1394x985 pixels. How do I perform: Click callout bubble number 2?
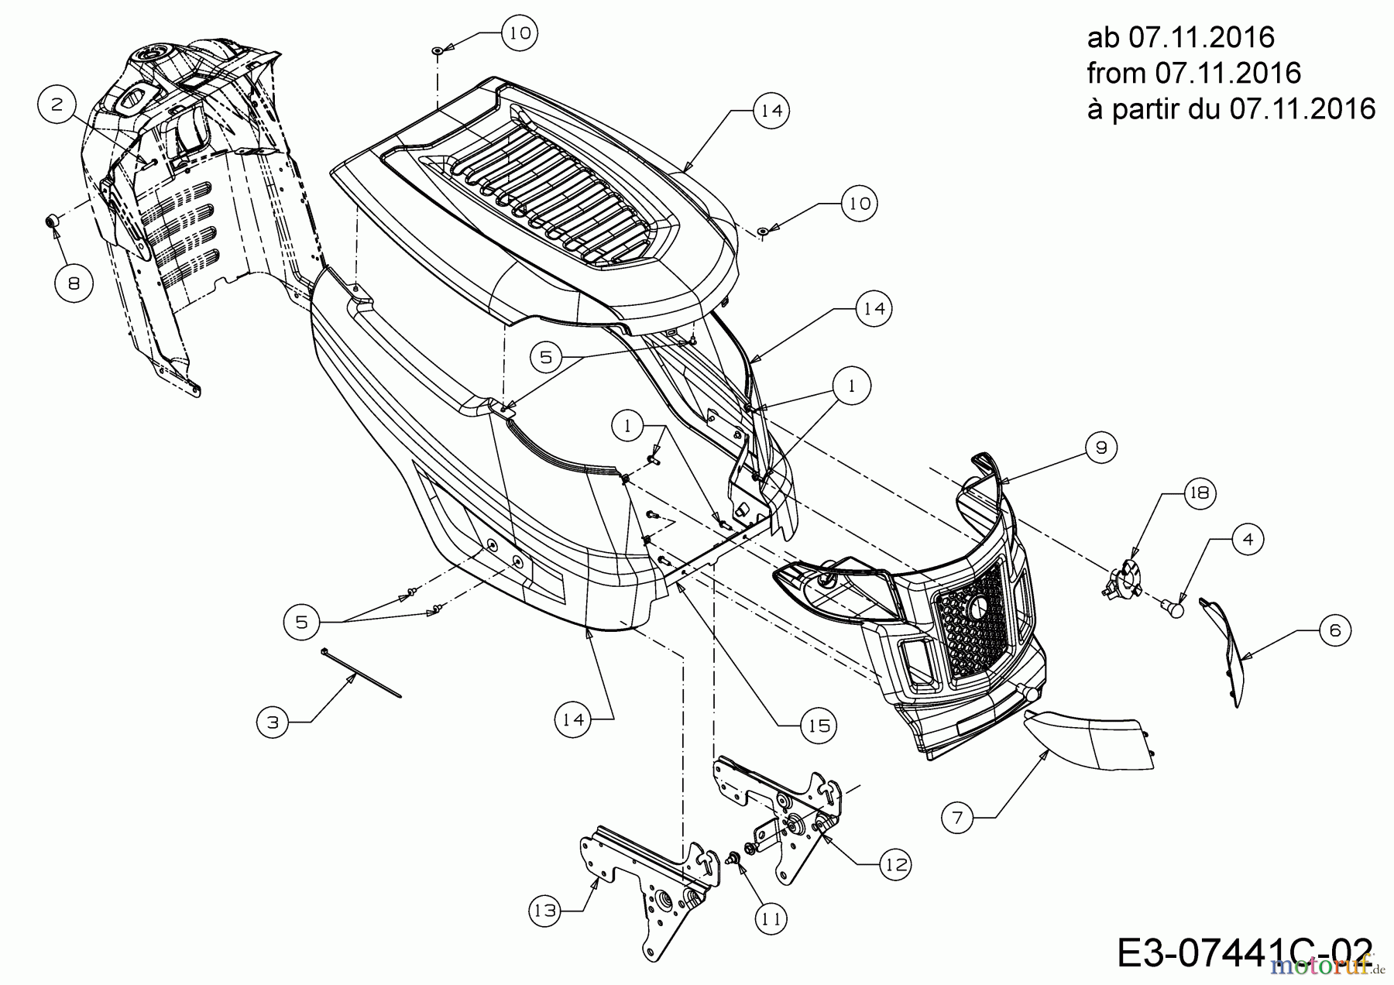coord(57,105)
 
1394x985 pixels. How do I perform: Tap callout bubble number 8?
coord(74,284)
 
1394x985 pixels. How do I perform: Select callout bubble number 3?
coord(273,722)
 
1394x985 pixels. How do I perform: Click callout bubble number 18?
coord(1200,492)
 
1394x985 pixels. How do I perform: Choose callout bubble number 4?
coord(1247,539)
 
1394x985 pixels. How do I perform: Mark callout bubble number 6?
coord(1335,631)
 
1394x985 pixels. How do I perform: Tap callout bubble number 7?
coord(958,818)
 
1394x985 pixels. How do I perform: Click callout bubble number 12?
coord(895,864)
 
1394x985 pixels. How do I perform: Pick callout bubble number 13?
coord(547,911)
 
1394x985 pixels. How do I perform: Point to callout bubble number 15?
coord(819,726)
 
